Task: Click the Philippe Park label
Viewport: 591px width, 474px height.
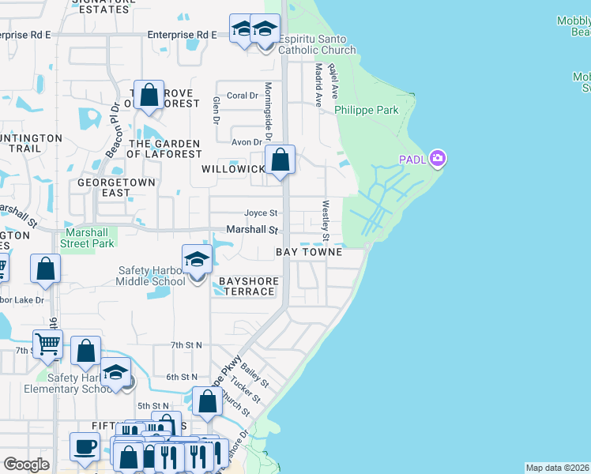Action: click(367, 110)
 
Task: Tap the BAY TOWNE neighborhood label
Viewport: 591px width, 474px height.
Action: click(308, 252)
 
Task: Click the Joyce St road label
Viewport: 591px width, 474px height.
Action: click(261, 213)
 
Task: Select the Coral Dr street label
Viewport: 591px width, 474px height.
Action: click(243, 96)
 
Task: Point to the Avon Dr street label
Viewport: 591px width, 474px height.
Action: click(246, 142)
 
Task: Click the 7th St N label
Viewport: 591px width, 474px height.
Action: click(186, 345)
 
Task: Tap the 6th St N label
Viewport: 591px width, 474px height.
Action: click(182, 378)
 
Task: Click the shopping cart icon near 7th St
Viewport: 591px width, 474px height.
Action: click(47, 344)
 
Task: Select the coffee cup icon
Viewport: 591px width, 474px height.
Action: click(84, 446)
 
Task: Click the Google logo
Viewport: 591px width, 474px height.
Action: click(26, 465)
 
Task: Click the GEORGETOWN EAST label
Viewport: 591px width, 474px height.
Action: click(104, 187)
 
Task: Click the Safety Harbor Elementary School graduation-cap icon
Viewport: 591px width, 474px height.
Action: click(115, 372)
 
